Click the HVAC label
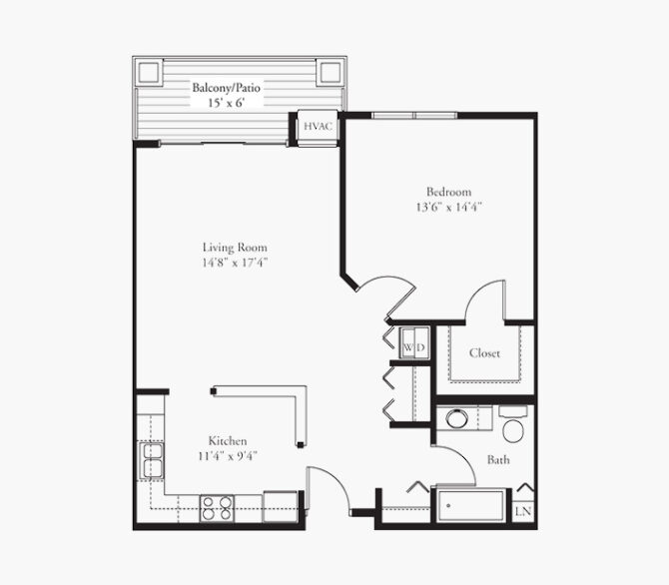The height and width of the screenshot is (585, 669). coord(318,127)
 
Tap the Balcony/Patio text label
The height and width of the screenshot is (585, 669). coord(226,88)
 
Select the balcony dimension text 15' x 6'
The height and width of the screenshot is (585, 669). coord(226,103)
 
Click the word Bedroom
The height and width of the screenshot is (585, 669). coord(449,192)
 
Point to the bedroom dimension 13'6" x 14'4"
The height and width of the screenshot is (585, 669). coord(449,207)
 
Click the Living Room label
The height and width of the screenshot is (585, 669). coord(235,248)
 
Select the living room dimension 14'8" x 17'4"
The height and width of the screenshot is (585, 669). coord(235,263)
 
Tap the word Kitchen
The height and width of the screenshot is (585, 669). coord(228,441)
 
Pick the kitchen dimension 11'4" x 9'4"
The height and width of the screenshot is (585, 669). coord(228,456)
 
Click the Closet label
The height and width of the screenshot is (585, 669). coord(484,352)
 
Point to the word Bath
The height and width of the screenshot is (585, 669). coord(498,459)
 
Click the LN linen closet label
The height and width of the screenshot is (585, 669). coord(523,511)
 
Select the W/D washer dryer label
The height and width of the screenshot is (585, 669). coord(414,347)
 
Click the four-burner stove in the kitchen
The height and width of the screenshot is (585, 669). coord(217,508)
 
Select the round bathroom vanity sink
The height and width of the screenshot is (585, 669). coord(456,418)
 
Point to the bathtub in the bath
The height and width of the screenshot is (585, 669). coord(471,506)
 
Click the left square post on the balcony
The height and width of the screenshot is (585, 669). coord(149,73)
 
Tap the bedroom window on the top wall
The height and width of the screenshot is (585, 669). coord(414,115)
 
